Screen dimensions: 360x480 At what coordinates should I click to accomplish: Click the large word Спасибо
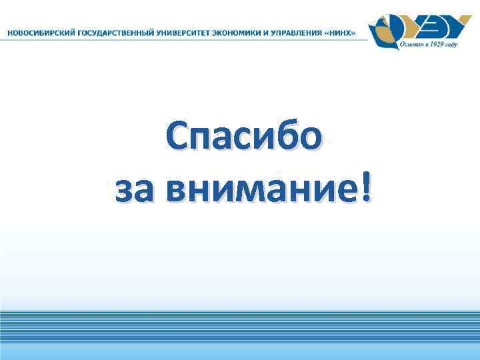point(245,140)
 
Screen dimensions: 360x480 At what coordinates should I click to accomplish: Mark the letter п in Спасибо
point(207,143)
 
